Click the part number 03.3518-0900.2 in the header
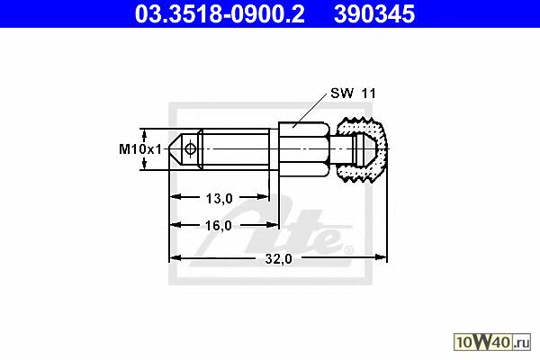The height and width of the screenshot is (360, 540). tap(220, 14)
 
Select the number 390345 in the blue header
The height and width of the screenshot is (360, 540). tap(374, 14)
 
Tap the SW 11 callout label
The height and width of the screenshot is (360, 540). tap(353, 94)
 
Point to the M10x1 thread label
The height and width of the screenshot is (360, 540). tap(140, 149)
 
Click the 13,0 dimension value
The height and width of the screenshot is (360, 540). tap(220, 198)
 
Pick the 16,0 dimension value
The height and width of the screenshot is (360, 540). tap(219, 226)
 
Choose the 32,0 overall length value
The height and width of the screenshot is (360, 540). tap(279, 258)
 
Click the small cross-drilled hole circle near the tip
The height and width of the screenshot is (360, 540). tap(190, 149)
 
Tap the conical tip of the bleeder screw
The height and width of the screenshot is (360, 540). tap(175, 149)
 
